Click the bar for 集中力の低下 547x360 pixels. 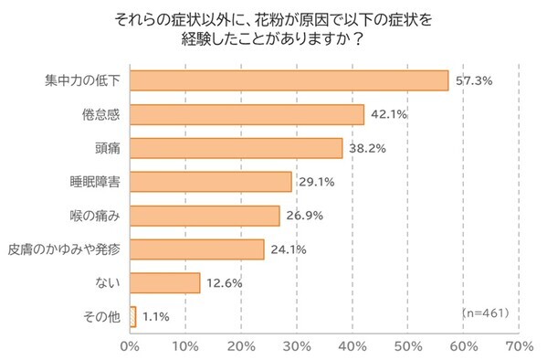click(x=289, y=80)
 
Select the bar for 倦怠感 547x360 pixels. click(x=247, y=114)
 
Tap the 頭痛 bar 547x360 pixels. click(x=237, y=148)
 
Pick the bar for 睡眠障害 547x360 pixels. click(x=211, y=182)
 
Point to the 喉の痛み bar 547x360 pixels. click(x=205, y=216)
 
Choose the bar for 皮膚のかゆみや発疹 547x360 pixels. click(x=197, y=249)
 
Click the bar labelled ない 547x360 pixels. click(x=165, y=282)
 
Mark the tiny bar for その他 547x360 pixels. click(x=133, y=316)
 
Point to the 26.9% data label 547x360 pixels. click(x=304, y=216)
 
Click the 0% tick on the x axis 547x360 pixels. click(x=130, y=347)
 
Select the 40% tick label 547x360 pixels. click(x=352, y=347)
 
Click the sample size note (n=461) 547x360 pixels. click(x=486, y=313)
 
